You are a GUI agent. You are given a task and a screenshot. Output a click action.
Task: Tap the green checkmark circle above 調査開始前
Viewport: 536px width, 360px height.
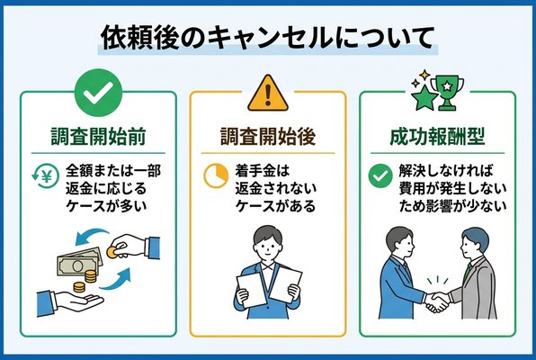pos(94,93)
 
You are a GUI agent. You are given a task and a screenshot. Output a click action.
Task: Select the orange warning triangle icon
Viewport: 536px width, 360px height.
pos(267,93)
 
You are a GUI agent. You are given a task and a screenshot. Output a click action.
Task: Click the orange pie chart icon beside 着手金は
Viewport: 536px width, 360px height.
pos(215,175)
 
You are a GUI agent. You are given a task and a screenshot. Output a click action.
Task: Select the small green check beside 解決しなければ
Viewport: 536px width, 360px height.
pos(379,175)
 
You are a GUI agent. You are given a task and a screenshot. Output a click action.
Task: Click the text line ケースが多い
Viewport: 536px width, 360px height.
pos(104,206)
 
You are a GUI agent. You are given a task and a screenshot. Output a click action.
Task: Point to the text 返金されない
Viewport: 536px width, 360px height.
pos(274,187)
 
